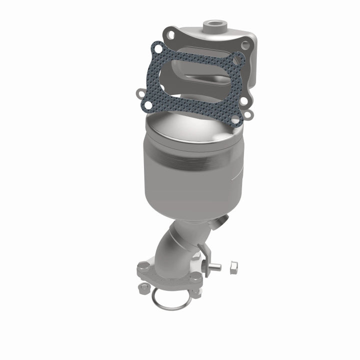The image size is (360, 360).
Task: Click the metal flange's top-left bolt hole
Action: (x=172, y=35)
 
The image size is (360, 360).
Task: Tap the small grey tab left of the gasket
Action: (x=138, y=92)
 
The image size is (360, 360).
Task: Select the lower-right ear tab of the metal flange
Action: (x=248, y=114)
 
